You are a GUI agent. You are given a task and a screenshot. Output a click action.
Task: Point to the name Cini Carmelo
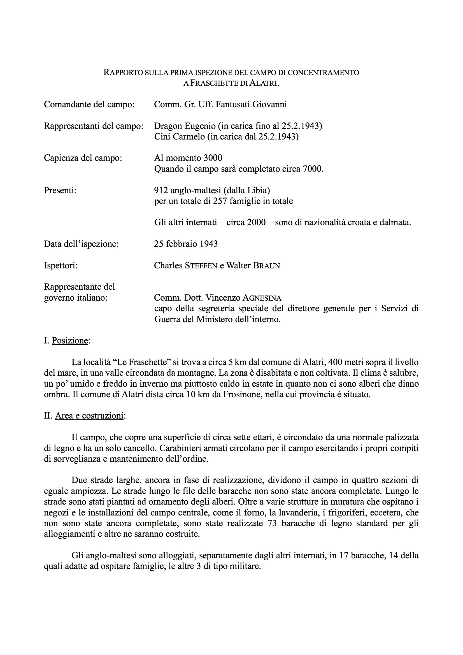[x=180, y=137]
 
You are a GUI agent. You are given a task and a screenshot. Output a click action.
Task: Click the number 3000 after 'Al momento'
[x=213, y=158]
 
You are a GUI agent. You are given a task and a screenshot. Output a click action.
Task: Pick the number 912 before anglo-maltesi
[x=161, y=190]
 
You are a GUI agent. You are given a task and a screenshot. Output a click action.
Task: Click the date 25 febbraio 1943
[x=186, y=244]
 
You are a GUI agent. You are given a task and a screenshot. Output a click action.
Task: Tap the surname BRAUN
[x=266, y=266]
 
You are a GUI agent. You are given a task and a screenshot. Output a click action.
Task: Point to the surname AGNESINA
[x=262, y=298]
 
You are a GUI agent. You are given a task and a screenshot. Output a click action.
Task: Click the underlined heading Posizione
[x=70, y=341]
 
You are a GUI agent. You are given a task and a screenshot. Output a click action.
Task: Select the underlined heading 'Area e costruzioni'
[x=89, y=416]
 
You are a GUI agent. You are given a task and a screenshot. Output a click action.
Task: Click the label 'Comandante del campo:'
[x=89, y=104]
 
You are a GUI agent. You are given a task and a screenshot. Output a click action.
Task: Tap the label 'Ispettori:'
[x=61, y=266]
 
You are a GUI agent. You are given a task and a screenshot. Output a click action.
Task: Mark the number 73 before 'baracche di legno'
[x=272, y=523]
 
